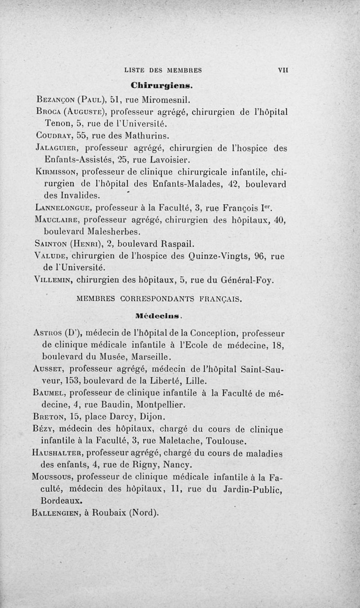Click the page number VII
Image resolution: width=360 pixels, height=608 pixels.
(283, 70)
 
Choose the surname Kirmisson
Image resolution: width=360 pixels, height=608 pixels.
(58, 172)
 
